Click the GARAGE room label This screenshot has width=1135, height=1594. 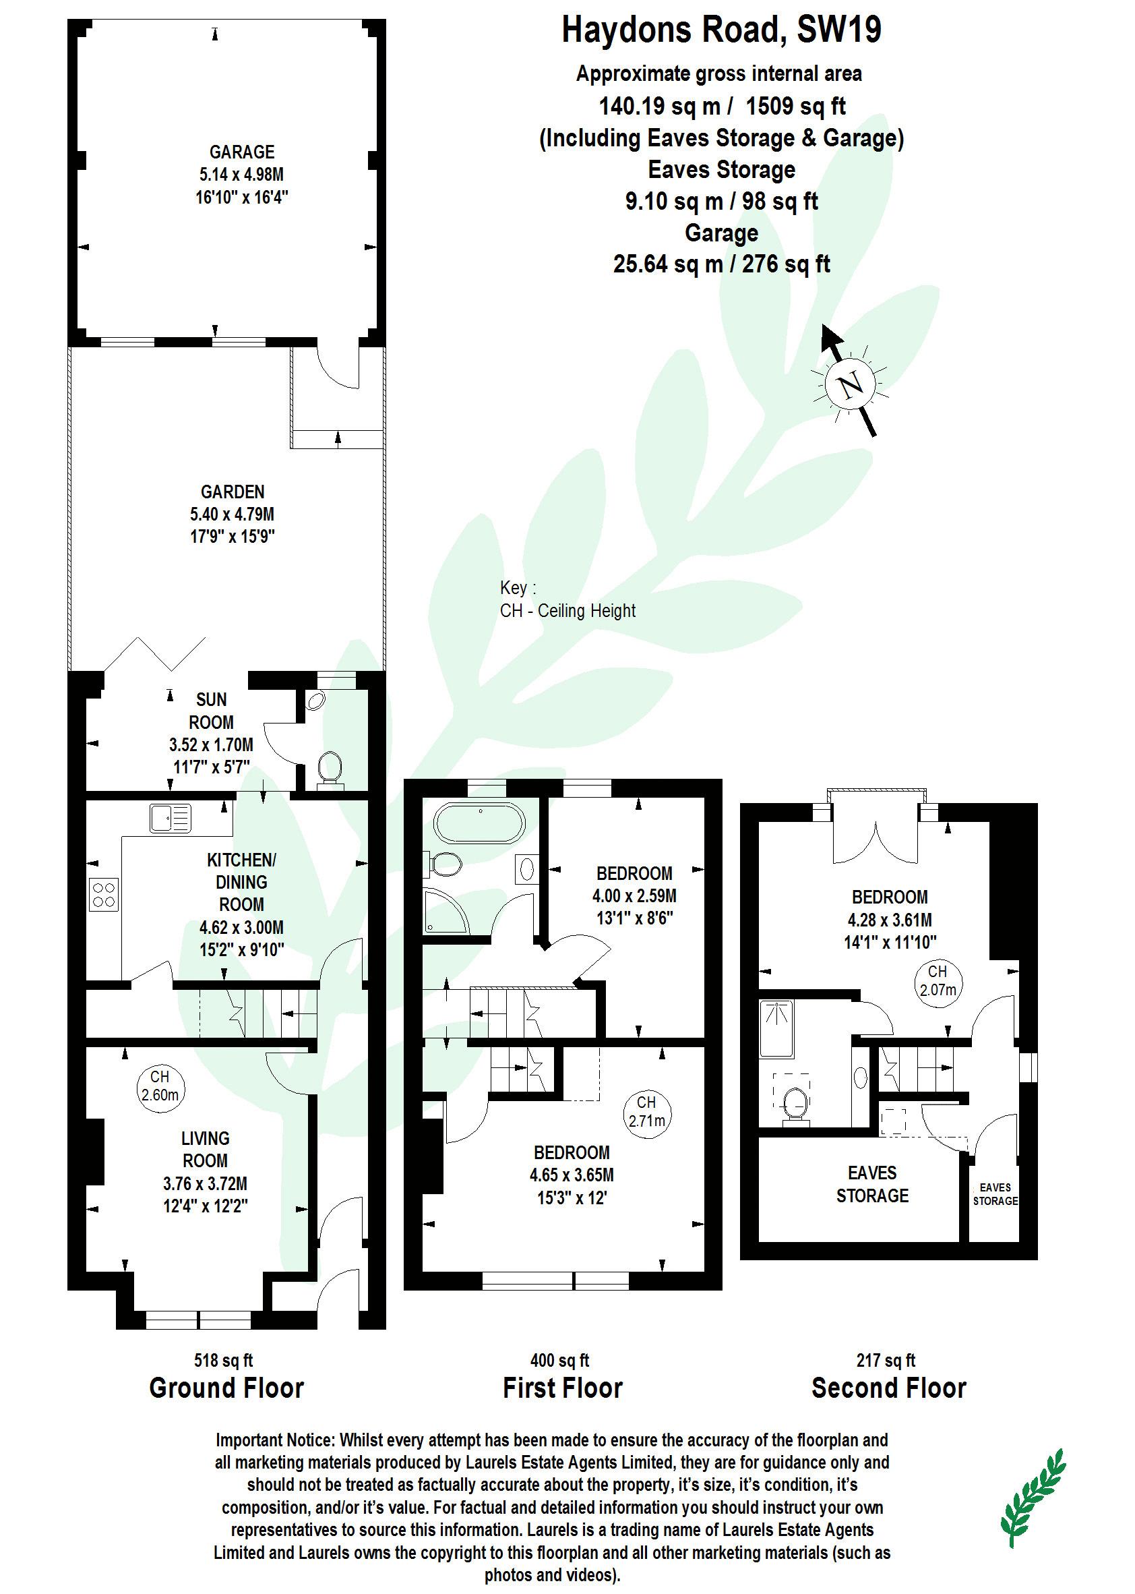(242, 152)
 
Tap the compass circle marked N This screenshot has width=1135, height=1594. (849, 384)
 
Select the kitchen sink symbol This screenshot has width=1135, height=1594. (170, 818)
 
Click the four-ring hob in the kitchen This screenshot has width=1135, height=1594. (103, 894)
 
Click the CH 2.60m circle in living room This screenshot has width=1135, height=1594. (160, 1086)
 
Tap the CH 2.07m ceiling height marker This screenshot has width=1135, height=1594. (938, 980)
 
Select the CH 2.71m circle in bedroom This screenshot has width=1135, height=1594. (646, 1111)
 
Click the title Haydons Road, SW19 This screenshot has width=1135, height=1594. (721, 31)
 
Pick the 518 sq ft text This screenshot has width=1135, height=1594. (223, 1361)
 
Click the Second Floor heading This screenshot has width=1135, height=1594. (888, 1388)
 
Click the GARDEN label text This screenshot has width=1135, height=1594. (233, 492)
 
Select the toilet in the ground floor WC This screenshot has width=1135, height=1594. (328, 767)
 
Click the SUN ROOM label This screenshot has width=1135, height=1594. (211, 710)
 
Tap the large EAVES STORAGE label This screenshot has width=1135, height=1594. (871, 1184)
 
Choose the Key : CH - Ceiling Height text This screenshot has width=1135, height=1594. (567, 599)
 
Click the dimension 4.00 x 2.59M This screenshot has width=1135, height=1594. (634, 895)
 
